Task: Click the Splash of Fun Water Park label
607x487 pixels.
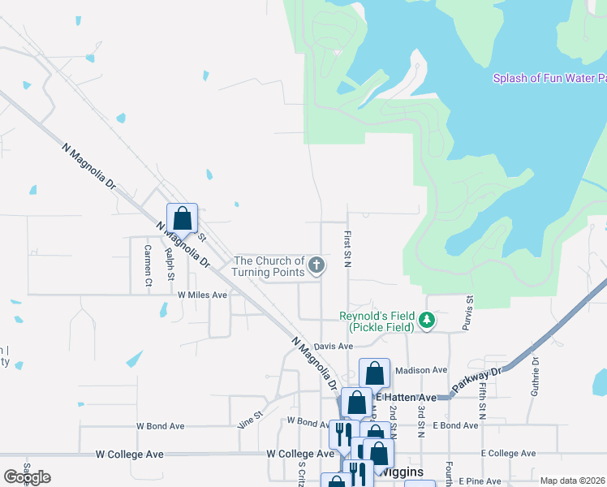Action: (550, 79)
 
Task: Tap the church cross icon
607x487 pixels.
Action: (316, 265)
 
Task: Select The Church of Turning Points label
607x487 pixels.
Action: (268, 266)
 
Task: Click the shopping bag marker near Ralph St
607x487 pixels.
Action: (183, 218)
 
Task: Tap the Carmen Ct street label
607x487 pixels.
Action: (149, 266)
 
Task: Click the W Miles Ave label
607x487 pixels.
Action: (202, 295)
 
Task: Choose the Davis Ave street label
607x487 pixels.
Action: (334, 346)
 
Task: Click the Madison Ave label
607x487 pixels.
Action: (421, 370)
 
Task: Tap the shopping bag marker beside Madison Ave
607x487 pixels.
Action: (374, 373)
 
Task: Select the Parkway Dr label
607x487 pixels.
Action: (480, 379)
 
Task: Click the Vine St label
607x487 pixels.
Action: (251, 418)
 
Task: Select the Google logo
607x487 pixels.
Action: (27, 477)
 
